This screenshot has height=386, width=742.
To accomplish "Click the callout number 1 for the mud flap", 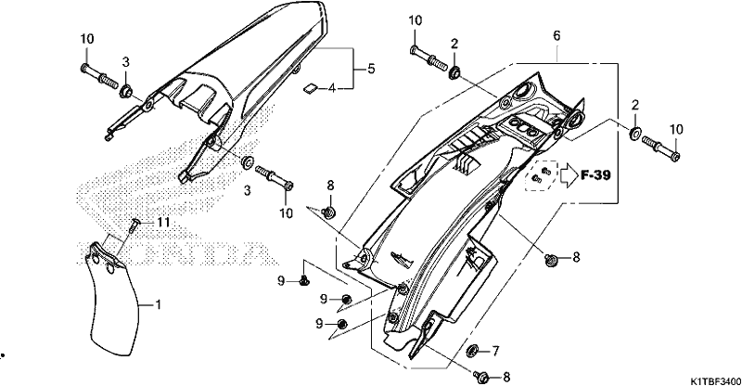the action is point(158,304).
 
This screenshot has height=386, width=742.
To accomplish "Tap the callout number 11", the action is point(163,222).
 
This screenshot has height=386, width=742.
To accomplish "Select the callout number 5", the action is point(371,69).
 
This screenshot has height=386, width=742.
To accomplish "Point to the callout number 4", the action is point(332,88).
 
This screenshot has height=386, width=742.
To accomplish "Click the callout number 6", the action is point(556,35).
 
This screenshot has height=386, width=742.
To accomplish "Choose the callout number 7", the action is point(495,351).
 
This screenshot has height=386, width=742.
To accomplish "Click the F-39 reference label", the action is point(595,175).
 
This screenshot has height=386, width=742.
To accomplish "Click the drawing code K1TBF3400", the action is point(714,380).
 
